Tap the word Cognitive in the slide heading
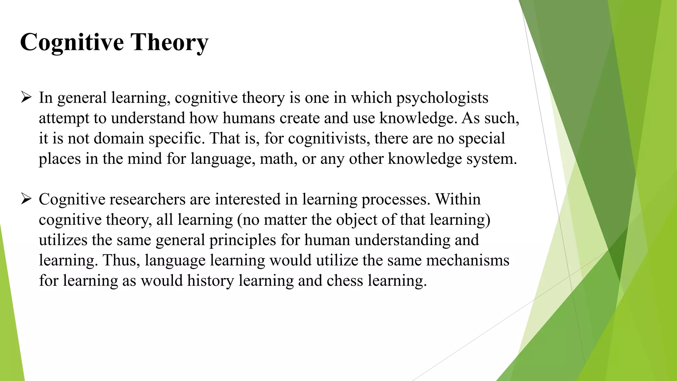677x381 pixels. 72,43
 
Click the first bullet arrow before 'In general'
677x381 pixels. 26,98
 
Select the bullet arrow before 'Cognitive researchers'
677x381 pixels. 26,199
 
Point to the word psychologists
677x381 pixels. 442,98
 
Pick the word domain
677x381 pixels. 119,138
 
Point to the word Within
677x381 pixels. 458,199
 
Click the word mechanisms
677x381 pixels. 467,260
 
